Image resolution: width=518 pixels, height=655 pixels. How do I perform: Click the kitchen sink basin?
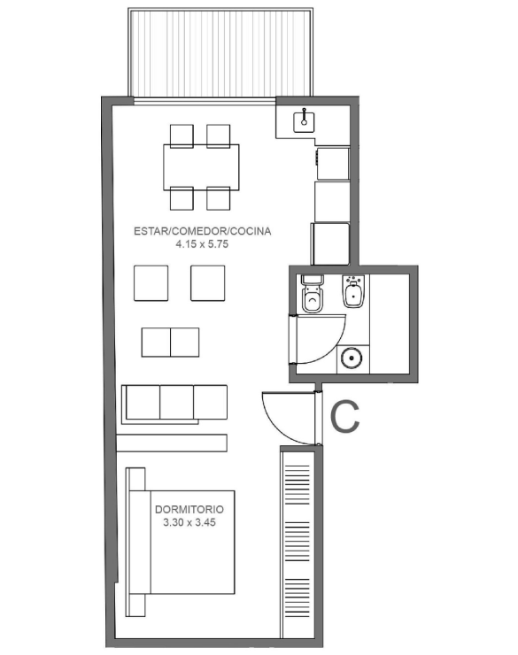coord(304,120)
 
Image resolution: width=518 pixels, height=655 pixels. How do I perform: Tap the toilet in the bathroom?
coord(312,293)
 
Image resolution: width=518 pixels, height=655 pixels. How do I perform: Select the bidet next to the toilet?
coord(353,291)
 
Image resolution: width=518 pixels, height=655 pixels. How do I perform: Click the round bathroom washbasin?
coord(352,358)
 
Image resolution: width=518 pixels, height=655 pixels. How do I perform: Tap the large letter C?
coord(345,417)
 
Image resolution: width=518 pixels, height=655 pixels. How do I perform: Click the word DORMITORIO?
coord(189,510)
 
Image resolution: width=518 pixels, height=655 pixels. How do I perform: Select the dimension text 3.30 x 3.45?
coord(189,522)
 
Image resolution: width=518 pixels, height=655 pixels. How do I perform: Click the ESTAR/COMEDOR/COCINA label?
coord(202,231)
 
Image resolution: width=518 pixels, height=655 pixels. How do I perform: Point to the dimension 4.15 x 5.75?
coord(202,244)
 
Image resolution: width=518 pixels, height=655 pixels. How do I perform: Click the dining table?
coord(201,167)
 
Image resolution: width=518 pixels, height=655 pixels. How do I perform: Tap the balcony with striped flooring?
coord(220,52)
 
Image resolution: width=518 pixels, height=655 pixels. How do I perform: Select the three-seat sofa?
coord(174,403)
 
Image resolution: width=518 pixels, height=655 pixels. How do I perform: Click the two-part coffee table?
coord(170,343)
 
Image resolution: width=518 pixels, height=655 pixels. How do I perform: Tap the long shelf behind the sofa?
coord(172,443)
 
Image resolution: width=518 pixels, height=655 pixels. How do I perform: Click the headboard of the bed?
coord(135,542)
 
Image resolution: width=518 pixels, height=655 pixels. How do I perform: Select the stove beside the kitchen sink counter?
coord(333,164)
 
